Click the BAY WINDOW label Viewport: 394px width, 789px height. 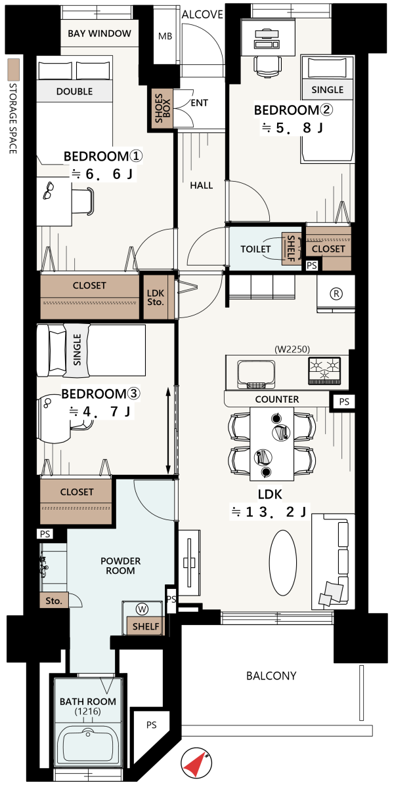pos(99,33)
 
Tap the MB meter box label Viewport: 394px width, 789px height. pos(165,36)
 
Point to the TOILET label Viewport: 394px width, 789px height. pos(255,249)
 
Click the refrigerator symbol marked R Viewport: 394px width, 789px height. pos(336,293)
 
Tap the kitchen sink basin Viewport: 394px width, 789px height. pos(256,374)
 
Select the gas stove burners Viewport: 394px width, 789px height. pos(324,371)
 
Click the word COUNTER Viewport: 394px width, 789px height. pos(277,399)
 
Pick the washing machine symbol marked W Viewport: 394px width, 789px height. pos(142,609)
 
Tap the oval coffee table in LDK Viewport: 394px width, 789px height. pos(283,563)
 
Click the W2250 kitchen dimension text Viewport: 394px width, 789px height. pos(292,349)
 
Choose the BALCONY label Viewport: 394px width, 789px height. pos(271,676)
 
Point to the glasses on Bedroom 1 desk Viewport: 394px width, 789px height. pos(49,190)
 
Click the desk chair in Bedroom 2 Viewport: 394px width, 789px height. pos(268,66)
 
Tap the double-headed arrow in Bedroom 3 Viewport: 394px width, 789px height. pos(168,431)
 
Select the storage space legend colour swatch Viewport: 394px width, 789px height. pos(14,70)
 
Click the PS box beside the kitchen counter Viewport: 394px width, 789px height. pos(344,401)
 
